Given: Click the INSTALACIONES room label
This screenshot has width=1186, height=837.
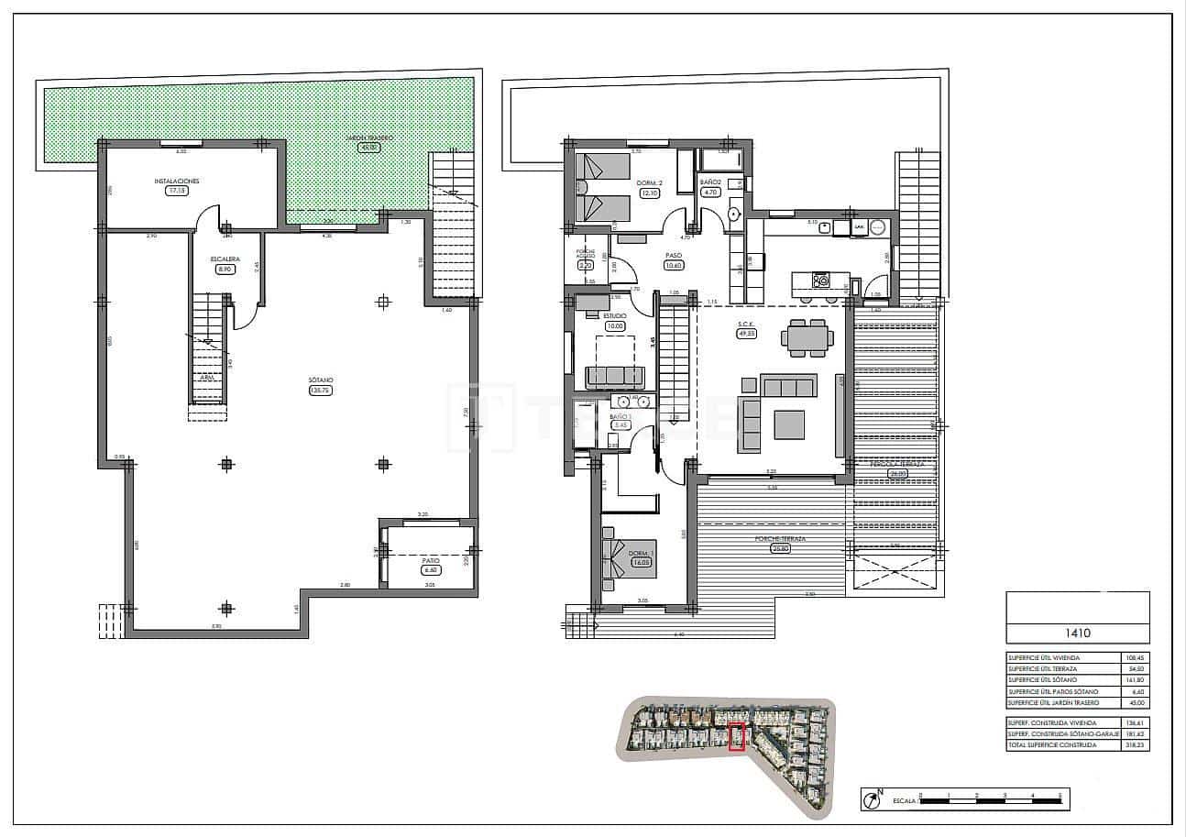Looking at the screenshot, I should [177, 182].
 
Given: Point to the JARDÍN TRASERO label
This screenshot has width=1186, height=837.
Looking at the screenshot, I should [369, 138].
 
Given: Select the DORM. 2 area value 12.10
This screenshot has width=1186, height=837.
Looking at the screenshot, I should [650, 193].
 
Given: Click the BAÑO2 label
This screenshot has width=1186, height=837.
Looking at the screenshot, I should [711, 182].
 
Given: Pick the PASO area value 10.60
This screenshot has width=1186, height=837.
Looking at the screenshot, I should [674, 266].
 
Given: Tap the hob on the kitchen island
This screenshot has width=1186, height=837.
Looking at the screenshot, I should [822, 281].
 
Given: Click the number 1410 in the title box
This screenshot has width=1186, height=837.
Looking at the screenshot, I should [1077, 632].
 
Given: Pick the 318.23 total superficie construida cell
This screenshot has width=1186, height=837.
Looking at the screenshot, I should [1136, 745].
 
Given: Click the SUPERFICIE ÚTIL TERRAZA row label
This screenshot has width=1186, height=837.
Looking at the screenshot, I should [1043, 669].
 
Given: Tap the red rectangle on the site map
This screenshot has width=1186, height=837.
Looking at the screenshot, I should [736, 737].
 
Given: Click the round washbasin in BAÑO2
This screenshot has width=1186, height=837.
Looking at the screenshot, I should [734, 215].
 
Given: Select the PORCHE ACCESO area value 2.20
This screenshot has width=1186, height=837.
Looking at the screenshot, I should [586, 265].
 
